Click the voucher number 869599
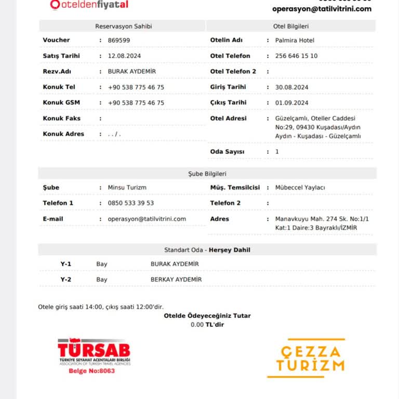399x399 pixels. pyautogui.click(x=118, y=40)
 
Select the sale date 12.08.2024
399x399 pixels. pyautogui.click(x=124, y=56)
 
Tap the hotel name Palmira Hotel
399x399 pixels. pyautogui.click(x=295, y=40)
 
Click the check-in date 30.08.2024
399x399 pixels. pyautogui.click(x=291, y=87)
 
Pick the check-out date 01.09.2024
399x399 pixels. pyautogui.click(x=291, y=102)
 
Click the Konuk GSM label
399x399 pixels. pyautogui.click(x=61, y=102)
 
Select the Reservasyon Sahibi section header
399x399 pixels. pyautogui.click(x=124, y=26)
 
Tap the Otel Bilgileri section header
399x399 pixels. pyautogui.click(x=291, y=26)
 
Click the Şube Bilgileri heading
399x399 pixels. pyautogui.click(x=207, y=174)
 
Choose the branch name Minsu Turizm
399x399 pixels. pyautogui.click(x=127, y=188)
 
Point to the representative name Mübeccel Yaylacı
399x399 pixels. pyautogui.click(x=300, y=188)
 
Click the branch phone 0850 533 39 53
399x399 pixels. pyautogui.click(x=131, y=203)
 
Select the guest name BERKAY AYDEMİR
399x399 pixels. pyautogui.click(x=176, y=280)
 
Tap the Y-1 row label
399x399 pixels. pyautogui.click(x=66, y=264)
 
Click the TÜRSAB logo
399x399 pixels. pyautogui.click(x=94, y=352)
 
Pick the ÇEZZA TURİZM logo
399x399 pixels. pyautogui.click(x=305, y=358)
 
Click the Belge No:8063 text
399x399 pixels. pyautogui.click(x=92, y=371)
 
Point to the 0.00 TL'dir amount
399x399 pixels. pyautogui.click(x=207, y=324)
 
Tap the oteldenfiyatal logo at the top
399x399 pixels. pyautogui.click(x=89, y=5)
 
